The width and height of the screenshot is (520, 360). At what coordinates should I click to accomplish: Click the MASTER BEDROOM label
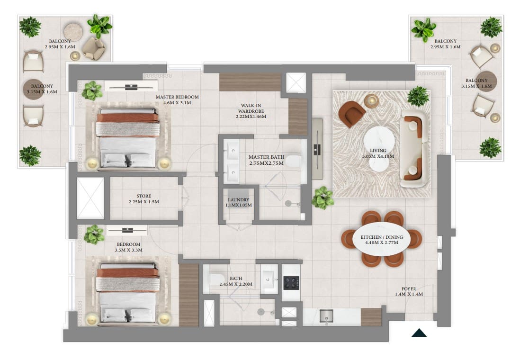click(x=177, y=97)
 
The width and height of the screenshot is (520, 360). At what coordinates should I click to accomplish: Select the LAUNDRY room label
click(x=238, y=199)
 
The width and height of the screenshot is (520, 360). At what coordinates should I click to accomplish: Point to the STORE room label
click(x=143, y=196)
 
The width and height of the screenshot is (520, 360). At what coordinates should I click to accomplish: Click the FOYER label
click(x=409, y=288)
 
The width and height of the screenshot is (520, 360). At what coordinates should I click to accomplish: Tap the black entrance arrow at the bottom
click(x=419, y=333)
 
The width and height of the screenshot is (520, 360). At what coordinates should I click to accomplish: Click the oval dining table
click(x=382, y=239)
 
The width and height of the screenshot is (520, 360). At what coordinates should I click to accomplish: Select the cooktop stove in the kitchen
click(x=290, y=283)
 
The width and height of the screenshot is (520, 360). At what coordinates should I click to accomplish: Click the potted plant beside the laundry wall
click(x=323, y=197)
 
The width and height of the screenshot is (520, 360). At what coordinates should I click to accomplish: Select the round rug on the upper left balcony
click(x=73, y=32)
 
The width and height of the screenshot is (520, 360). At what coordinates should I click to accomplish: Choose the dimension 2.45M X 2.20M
click(x=235, y=284)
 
